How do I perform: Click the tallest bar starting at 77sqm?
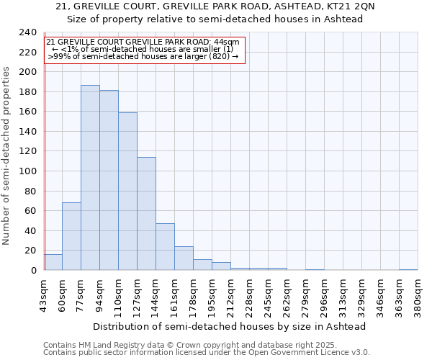click(x=90, y=178)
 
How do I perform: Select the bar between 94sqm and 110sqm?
click(x=109, y=180)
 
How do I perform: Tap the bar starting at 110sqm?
click(x=127, y=192)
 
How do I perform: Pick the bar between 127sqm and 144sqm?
click(x=146, y=214)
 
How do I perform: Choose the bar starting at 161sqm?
click(x=184, y=258)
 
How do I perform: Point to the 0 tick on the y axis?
click(x=34, y=271)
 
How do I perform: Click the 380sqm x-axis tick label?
click(x=418, y=296)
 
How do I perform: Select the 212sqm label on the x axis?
click(x=231, y=296)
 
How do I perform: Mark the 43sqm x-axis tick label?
click(x=44, y=296)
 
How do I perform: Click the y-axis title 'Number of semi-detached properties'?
click(x=6, y=156)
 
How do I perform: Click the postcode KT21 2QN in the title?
click(x=354, y=6)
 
